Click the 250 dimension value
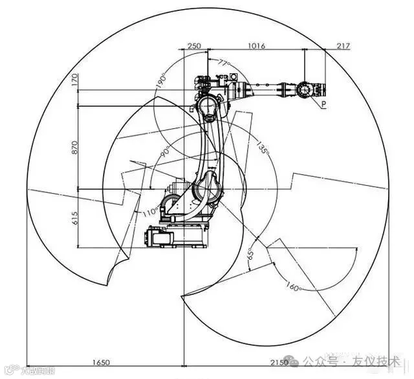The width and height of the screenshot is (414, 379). (193, 46)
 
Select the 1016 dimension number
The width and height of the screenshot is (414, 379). (256, 46)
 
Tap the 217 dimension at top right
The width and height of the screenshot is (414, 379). (343, 46)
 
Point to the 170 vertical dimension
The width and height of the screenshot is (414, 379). (74, 81)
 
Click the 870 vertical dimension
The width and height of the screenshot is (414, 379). (74, 147)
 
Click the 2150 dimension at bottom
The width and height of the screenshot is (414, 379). (279, 361)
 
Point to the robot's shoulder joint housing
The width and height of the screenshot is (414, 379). (208, 191)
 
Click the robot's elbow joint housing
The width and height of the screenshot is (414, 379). (208, 107)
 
